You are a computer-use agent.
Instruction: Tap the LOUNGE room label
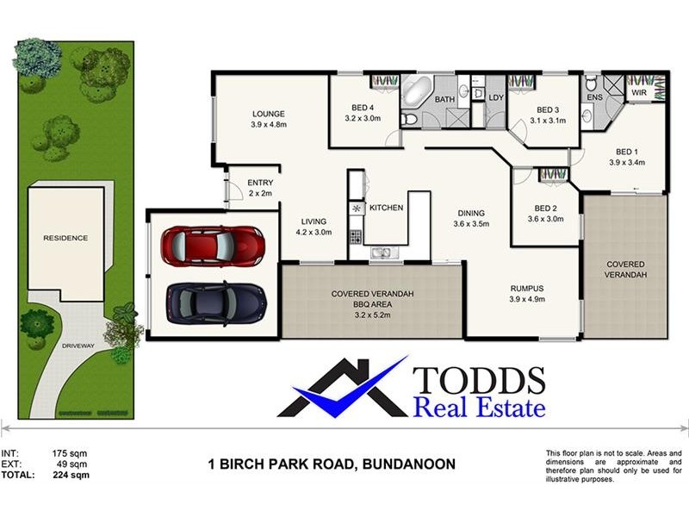(268, 114)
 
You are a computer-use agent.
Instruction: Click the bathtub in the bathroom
(418, 90)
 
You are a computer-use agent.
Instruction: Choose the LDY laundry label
(495, 98)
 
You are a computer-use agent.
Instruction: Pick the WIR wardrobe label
(639, 90)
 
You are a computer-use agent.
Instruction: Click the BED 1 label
(627, 150)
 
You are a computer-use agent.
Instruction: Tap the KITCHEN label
(386, 208)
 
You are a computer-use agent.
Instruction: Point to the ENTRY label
(260, 183)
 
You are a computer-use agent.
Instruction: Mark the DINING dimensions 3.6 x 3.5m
(471, 224)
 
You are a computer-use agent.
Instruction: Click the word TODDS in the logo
(479, 379)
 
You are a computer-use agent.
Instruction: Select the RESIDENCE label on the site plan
(66, 238)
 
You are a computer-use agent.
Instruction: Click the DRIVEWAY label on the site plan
(79, 346)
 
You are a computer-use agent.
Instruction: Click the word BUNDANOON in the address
(407, 464)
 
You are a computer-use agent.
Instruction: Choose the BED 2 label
(546, 209)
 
